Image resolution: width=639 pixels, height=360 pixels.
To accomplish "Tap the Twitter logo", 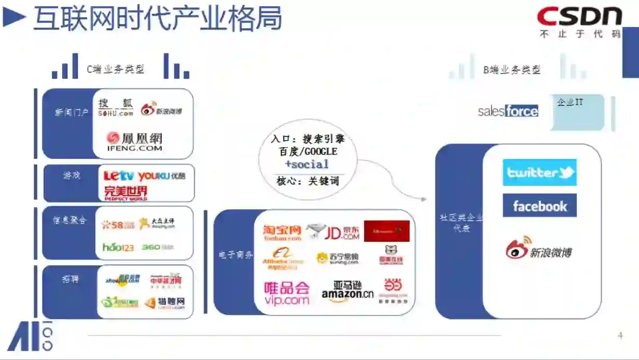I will click(540, 172).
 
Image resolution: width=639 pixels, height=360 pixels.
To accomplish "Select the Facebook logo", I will click(540, 206).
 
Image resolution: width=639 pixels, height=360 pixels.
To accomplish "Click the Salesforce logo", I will click(508, 111).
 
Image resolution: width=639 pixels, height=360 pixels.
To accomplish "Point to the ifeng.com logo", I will click(134, 141).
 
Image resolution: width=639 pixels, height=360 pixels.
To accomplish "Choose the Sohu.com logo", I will click(115, 107).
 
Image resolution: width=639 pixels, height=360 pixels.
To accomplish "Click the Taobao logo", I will click(282, 233).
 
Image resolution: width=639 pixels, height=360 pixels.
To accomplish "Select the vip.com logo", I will click(286, 293).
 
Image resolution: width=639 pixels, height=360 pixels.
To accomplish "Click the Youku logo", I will click(162, 176).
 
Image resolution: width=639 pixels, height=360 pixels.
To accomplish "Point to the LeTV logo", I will click(119, 176).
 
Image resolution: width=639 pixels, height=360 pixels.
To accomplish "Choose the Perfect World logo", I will click(126, 193).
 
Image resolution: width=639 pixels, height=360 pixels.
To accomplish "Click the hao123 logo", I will click(118, 247).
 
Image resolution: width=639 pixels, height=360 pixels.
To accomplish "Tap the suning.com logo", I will click(337, 258).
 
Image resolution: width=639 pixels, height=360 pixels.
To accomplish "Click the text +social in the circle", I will click(307, 164).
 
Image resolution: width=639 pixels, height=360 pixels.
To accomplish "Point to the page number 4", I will click(620, 336).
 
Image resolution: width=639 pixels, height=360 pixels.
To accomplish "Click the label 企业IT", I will click(570, 102).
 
